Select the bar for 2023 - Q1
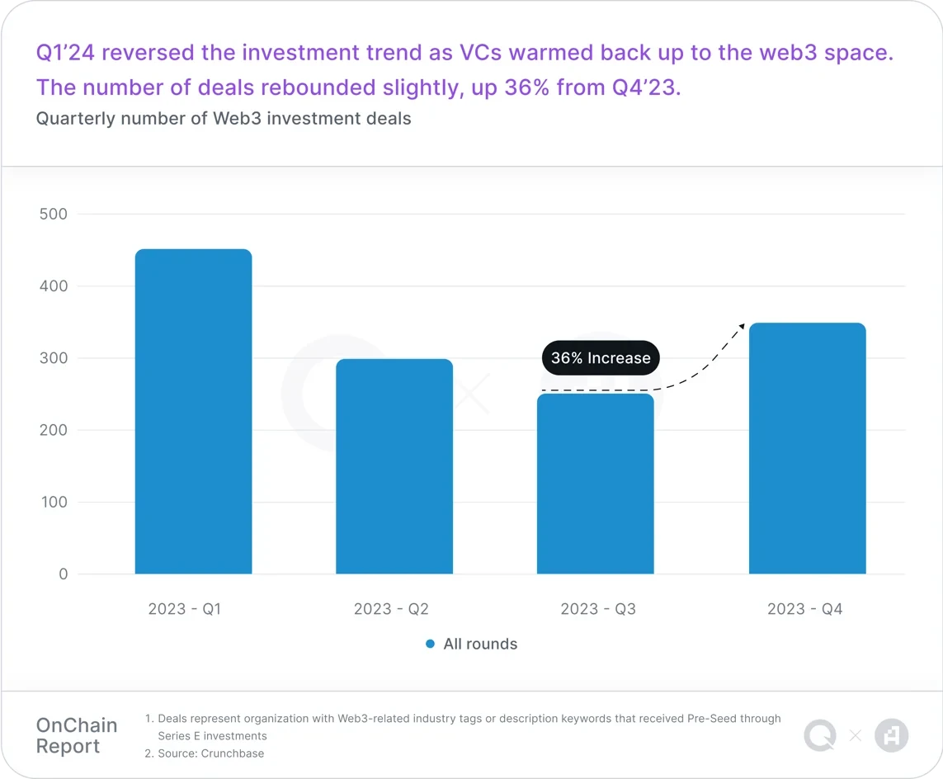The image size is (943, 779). tap(193, 412)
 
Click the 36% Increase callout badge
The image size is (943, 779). tap(601, 358)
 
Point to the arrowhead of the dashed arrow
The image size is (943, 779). tap(741, 327)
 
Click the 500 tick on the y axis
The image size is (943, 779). tap(54, 215)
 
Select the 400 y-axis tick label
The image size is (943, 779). tap(54, 286)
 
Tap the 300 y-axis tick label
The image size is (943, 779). tap(54, 358)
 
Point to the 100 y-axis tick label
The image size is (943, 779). tap(54, 502)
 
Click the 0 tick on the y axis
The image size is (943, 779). tap(63, 574)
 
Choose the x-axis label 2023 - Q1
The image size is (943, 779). tap(185, 609)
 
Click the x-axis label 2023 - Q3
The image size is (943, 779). tap(598, 609)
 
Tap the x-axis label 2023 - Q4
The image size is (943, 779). tap(804, 609)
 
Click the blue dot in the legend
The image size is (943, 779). tap(430, 644)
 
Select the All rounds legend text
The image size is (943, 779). tap(480, 644)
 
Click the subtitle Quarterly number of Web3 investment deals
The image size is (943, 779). tap(224, 118)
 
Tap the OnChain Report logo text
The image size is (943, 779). tap(77, 736)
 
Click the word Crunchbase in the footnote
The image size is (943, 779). tap(233, 753)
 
